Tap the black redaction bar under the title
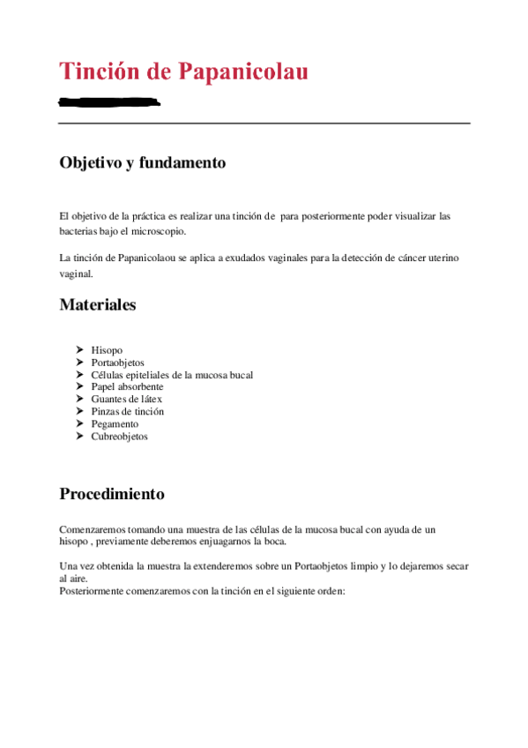(x=109, y=102)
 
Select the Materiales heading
(x=97, y=305)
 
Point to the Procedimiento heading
(x=111, y=493)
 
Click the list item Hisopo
(x=107, y=350)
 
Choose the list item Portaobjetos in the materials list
(x=118, y=363)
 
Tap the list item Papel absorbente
(x=127, y=386)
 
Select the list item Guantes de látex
(x=126, y=399)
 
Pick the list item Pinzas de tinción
(x=127, y=411)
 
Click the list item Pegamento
(x=115, y=423)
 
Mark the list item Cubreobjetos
(x=119, y=436)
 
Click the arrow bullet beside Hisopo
(x=80, y=350)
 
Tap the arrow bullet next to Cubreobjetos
(x=80, y=436)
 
